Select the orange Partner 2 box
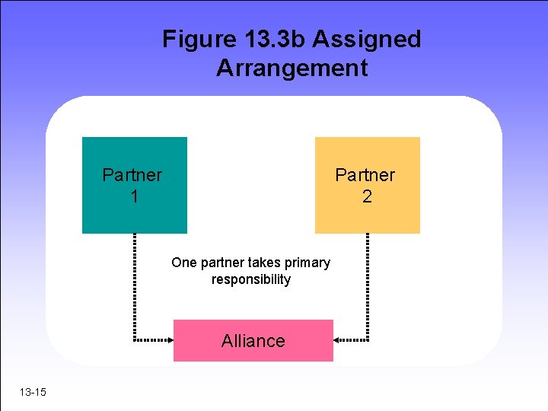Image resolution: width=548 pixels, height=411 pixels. coord(367,217)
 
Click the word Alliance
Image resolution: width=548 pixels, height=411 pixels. coord(253,341)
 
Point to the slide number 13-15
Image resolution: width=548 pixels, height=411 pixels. coord(33,392)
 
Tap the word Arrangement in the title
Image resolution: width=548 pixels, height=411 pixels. coord(292,68)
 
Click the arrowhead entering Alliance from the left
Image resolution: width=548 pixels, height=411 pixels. coord(169,339)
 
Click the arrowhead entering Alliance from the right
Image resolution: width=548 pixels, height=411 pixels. coord(339,339)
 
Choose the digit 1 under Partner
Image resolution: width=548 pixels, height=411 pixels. coord(134,196)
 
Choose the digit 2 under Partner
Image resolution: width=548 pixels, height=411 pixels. coord(367,196)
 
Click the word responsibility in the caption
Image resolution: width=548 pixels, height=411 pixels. coord(251,279)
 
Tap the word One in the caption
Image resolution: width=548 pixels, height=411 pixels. coord(183,263)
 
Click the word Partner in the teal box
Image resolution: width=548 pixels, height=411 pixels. coord(132,175)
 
